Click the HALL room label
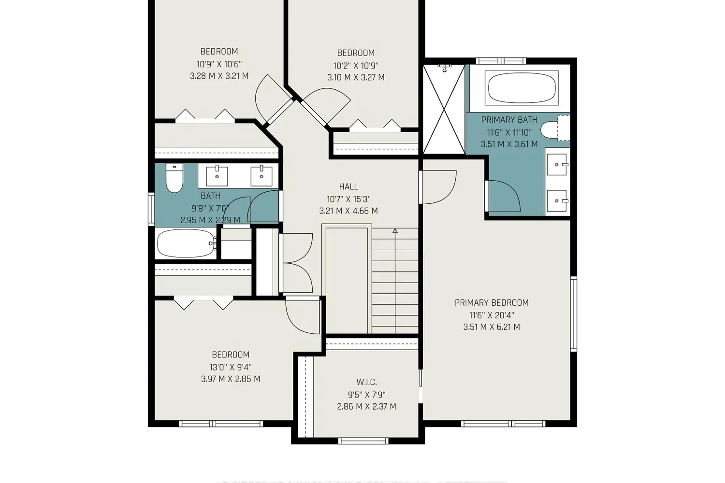348,186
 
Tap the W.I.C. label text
366,382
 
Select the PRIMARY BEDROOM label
492,303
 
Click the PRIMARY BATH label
509,120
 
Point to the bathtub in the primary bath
522,88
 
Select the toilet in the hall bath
174,179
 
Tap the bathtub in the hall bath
186,243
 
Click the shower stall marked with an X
444,109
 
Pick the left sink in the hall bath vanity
217,176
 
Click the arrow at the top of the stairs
395,231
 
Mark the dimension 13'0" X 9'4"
231,367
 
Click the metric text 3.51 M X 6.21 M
492,327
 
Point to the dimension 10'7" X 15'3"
348,199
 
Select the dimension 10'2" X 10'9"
356,65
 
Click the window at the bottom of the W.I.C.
362,440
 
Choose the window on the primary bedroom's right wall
574,313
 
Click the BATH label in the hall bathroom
210,196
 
